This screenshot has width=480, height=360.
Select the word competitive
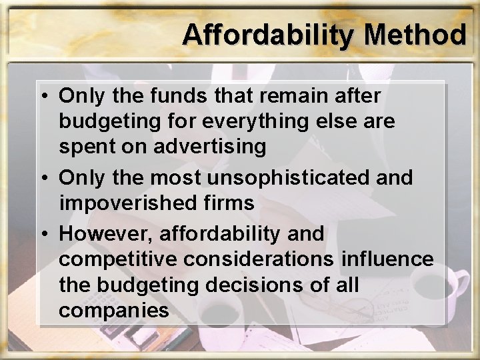click(x=121, y=259)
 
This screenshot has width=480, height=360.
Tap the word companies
click(x=113, y=311)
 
